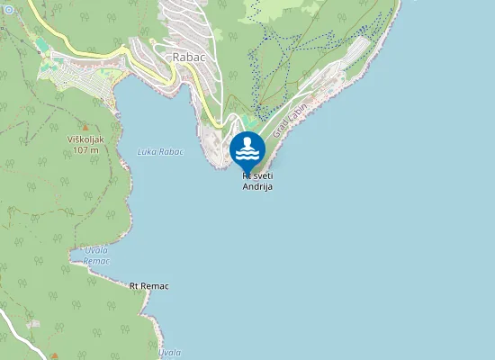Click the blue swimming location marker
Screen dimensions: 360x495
247,149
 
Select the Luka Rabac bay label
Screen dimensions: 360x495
160,151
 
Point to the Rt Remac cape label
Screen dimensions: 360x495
148,285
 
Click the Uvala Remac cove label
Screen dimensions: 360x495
96,255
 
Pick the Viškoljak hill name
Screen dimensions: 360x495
87,139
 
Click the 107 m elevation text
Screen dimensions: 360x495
87,149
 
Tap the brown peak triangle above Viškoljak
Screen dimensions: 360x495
86,127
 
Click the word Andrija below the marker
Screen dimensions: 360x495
256,186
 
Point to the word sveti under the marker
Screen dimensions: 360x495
262,176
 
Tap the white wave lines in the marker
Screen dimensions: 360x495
247,156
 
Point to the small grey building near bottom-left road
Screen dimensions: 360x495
34,323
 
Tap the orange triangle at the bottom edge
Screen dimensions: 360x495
53,355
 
